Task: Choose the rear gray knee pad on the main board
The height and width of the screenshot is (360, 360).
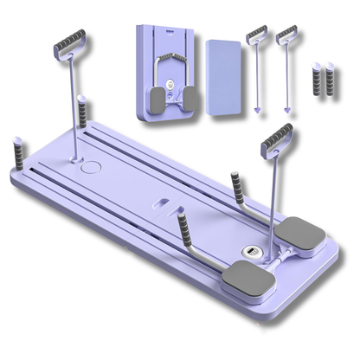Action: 298,230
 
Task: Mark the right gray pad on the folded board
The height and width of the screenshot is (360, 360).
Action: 189,100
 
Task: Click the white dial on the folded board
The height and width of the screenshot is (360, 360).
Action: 172,87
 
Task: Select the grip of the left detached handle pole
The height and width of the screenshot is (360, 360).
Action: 257,35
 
